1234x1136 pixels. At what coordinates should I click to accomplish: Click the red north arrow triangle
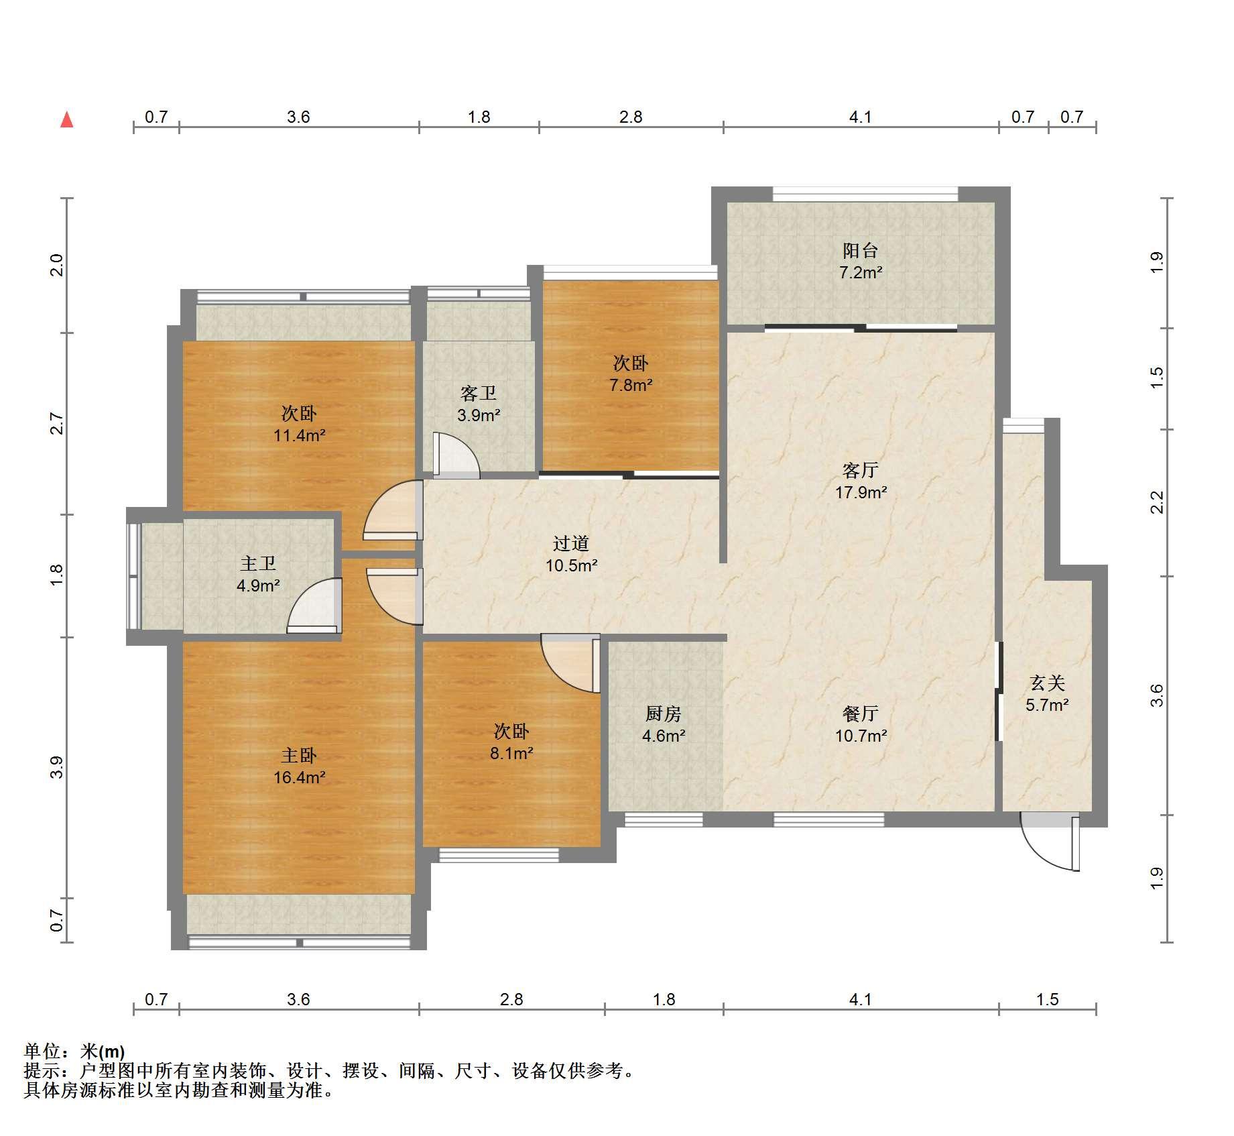point(67,120)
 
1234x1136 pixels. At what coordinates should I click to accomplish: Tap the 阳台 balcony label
point(861,251)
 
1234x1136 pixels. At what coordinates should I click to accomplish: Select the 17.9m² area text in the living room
point(861,493)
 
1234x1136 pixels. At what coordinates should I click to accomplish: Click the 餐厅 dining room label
point(861,714)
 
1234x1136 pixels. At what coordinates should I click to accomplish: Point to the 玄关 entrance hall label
point(1047,683)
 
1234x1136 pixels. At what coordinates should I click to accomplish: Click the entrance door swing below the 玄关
point(1050,842)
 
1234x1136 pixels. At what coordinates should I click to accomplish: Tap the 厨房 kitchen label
point(664,714)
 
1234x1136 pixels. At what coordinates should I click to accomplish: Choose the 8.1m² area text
point(511,753)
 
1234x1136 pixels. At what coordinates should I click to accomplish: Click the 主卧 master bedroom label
point(299,756)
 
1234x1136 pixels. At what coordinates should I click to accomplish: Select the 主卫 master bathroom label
point(258,564)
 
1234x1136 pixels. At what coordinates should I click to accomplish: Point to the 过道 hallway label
point(571,543)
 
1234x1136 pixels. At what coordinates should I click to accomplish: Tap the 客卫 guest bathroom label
point(479,393)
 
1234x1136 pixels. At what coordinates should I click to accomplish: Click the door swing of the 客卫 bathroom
point(456,455)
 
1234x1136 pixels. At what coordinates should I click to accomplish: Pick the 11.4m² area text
point(299,436)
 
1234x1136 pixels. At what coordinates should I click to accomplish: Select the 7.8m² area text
point(631,386)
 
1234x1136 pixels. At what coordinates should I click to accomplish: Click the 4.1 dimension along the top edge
point(861,117)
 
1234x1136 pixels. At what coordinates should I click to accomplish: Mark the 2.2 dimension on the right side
point(1158,503)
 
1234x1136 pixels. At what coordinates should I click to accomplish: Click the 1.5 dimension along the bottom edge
point(1047,1000)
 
